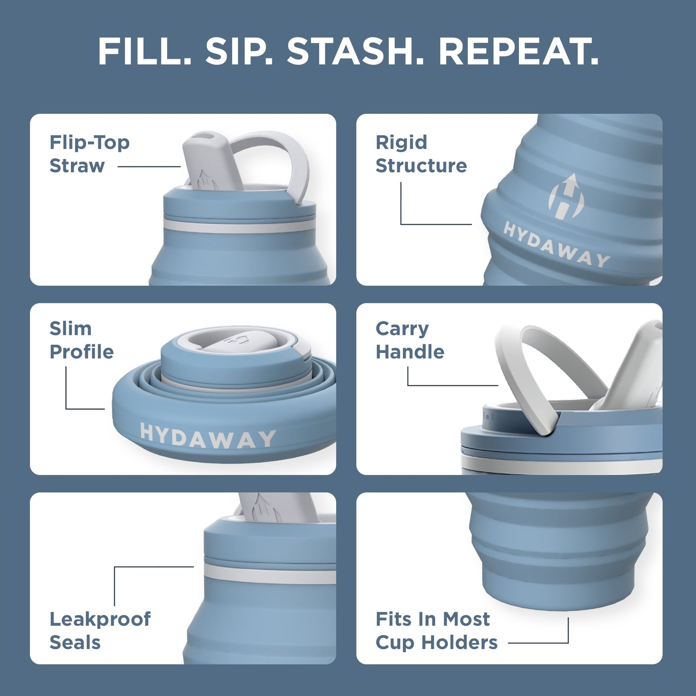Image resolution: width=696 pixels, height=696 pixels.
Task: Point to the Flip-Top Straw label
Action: pyautogui.click(x=89, y=154)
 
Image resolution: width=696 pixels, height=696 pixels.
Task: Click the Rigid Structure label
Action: pyautogui.click(x=421, y=154)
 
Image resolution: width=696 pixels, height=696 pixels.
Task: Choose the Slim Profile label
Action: pyautogui.click(x=82, y=340)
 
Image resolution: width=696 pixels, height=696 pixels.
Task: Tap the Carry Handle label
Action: pyautogui.click(x=410, y=340)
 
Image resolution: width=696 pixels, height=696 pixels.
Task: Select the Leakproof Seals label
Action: pyautogui.click(x=100, y=631)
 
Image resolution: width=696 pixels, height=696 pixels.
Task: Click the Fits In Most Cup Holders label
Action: pyautogui.click(x=436, y=631)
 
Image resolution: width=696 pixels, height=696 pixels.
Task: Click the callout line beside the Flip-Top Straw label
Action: pyautogui.click(x=149, y=167)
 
